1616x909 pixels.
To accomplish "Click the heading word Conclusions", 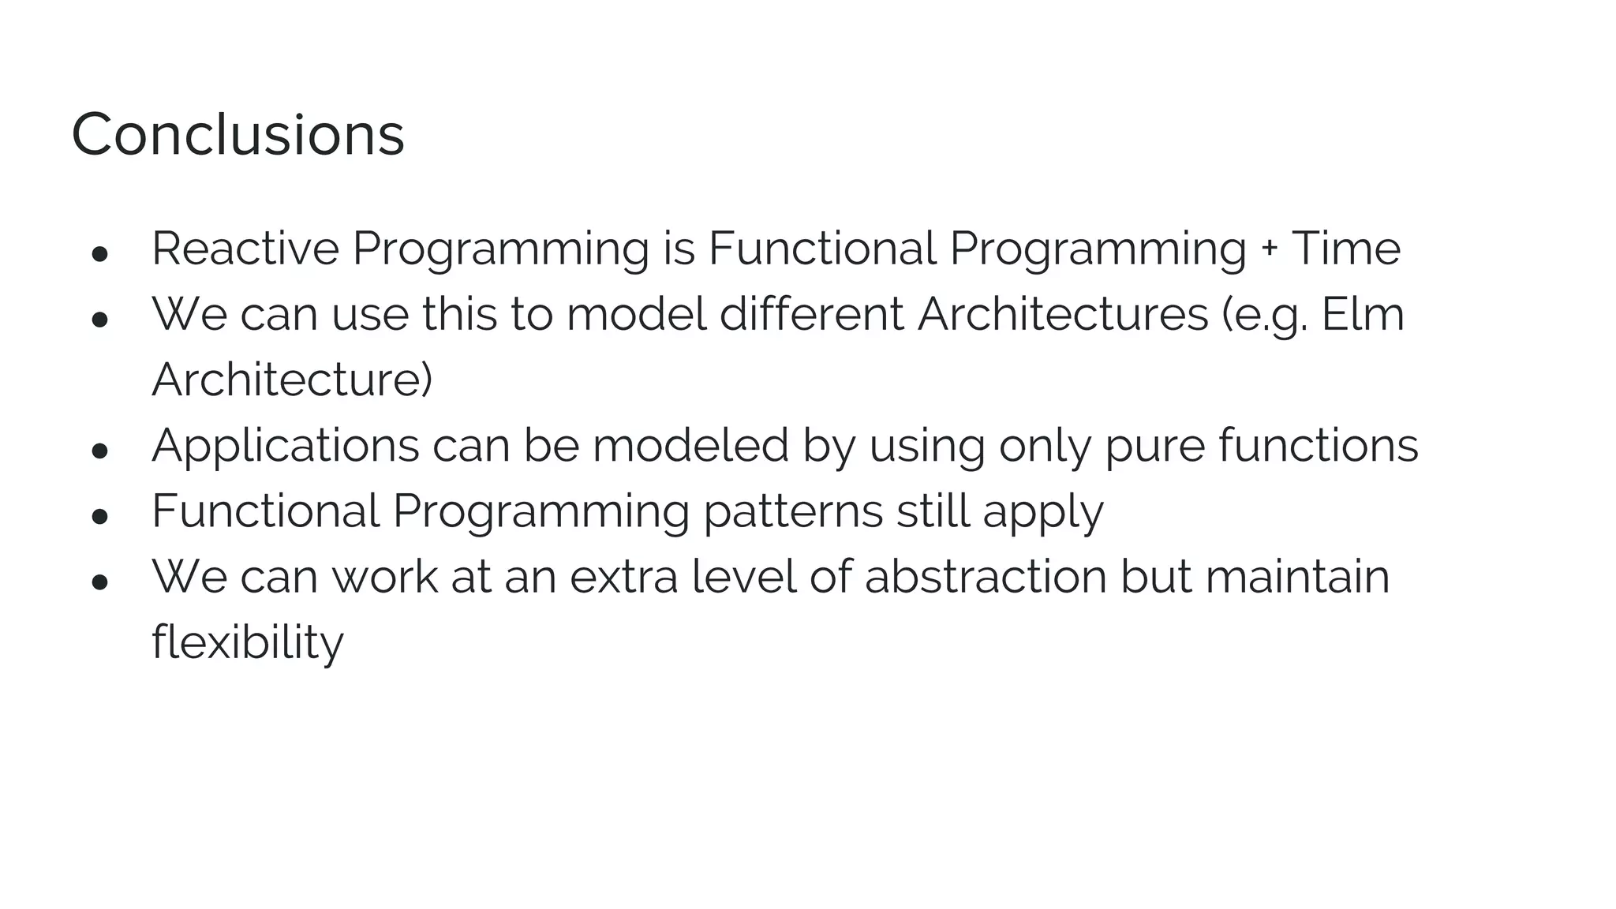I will click(238, 134).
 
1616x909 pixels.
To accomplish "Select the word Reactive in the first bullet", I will click(245, 249).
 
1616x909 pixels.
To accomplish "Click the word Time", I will click(1345, 249).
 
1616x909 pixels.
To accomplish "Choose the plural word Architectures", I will click(1062, 314).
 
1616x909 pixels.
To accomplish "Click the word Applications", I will click(285, 447).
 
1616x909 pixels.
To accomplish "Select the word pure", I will click(1154, 447).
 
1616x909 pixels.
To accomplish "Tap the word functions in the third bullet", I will click(1318, 445).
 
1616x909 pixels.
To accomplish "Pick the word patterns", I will click(792, 511).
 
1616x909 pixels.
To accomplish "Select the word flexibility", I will click(248, 642).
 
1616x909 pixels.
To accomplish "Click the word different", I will click(812, 314).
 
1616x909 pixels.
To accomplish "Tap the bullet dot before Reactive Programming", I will click(99, 254).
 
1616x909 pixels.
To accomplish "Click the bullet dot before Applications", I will click(99, 451).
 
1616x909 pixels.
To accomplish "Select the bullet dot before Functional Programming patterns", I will click(99, 517).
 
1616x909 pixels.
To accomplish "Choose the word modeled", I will click(690, 446).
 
